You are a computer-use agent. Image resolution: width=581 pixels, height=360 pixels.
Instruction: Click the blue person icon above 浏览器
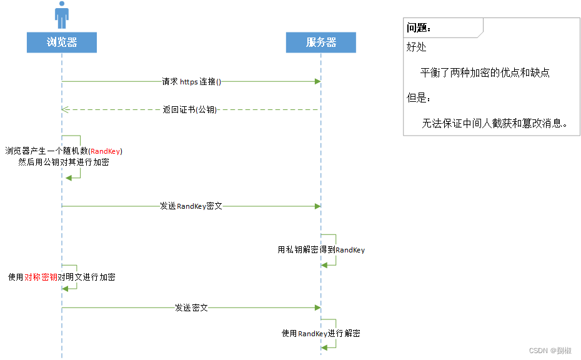tap(61, 15)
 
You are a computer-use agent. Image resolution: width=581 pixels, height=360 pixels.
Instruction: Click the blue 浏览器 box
tap(61, 42)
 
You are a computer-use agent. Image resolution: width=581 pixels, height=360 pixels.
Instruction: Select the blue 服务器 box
tap(321, 42)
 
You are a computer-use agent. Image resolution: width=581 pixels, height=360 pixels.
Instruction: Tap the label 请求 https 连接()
tap(192, 82)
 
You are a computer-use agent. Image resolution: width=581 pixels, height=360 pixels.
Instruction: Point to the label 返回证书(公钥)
tap(190, 110)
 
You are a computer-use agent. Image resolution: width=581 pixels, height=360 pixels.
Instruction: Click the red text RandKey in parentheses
tap(106, 151)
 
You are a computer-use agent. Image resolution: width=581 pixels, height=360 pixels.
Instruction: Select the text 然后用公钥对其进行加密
tap(64, 162)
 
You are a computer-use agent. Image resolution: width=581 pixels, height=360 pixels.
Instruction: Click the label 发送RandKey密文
tap(191, 206)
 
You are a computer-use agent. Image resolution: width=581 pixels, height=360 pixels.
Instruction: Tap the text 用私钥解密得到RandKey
tap(321, 250)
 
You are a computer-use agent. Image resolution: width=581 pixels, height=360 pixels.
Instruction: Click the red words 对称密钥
tap(41, 277)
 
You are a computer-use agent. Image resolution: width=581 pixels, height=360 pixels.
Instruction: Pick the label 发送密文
tap(191, 307)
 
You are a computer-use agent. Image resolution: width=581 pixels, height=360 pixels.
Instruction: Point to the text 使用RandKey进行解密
tap(320, 334)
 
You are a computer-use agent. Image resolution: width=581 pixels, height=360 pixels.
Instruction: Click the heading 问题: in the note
tap(419, 27)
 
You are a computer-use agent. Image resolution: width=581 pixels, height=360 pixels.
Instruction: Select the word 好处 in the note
tap(417, 47)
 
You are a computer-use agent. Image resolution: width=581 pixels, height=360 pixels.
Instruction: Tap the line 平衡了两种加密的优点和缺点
tap(485, 72)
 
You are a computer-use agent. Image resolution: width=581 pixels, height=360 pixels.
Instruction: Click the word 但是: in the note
tap(419, 98)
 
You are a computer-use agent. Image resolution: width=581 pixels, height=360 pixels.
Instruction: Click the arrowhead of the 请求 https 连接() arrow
tap(317, 82)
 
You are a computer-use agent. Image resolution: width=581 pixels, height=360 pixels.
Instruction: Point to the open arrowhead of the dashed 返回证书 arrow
tap(65, 110)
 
